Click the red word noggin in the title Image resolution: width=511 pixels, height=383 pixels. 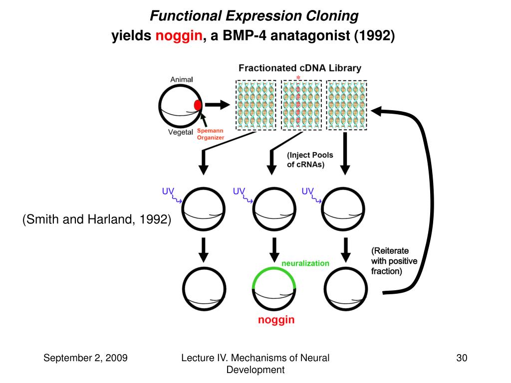(x=179, y=36)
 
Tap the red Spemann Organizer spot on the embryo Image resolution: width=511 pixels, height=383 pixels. (x=198, y=105)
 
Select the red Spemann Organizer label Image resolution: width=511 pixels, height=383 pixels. (x=211, y=134)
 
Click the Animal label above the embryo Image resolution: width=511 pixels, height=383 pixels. (x=182, y=79)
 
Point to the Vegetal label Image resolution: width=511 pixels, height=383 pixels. (x=181, y=132)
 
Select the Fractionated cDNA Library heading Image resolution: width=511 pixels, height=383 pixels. (x=300, y=68)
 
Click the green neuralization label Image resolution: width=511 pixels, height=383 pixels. (x=305, y=263)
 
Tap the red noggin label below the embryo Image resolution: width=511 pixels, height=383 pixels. (x=276, y=320)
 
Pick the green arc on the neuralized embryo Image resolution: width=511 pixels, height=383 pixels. (x=274, y=268)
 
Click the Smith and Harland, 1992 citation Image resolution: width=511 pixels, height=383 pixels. (x=97, y=219)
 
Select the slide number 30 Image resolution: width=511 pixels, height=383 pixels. (x=462, y=358)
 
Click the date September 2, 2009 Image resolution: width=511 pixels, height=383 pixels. (x=85, y=358)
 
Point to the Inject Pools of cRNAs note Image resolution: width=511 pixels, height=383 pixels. (x=309, y=160)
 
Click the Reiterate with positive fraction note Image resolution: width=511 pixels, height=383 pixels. (x=394, y=261)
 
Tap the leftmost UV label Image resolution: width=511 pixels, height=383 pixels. (x=168, y=191)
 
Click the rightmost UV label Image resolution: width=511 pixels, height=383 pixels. (x=307, y=191)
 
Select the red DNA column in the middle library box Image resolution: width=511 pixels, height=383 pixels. (x=298, y=105)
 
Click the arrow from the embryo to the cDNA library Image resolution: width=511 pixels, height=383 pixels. (x=217, y=105)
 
